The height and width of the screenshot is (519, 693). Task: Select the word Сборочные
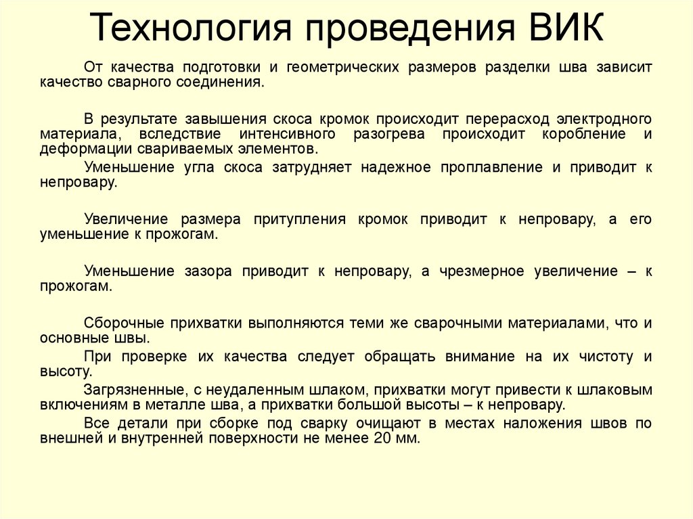point(119,322)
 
